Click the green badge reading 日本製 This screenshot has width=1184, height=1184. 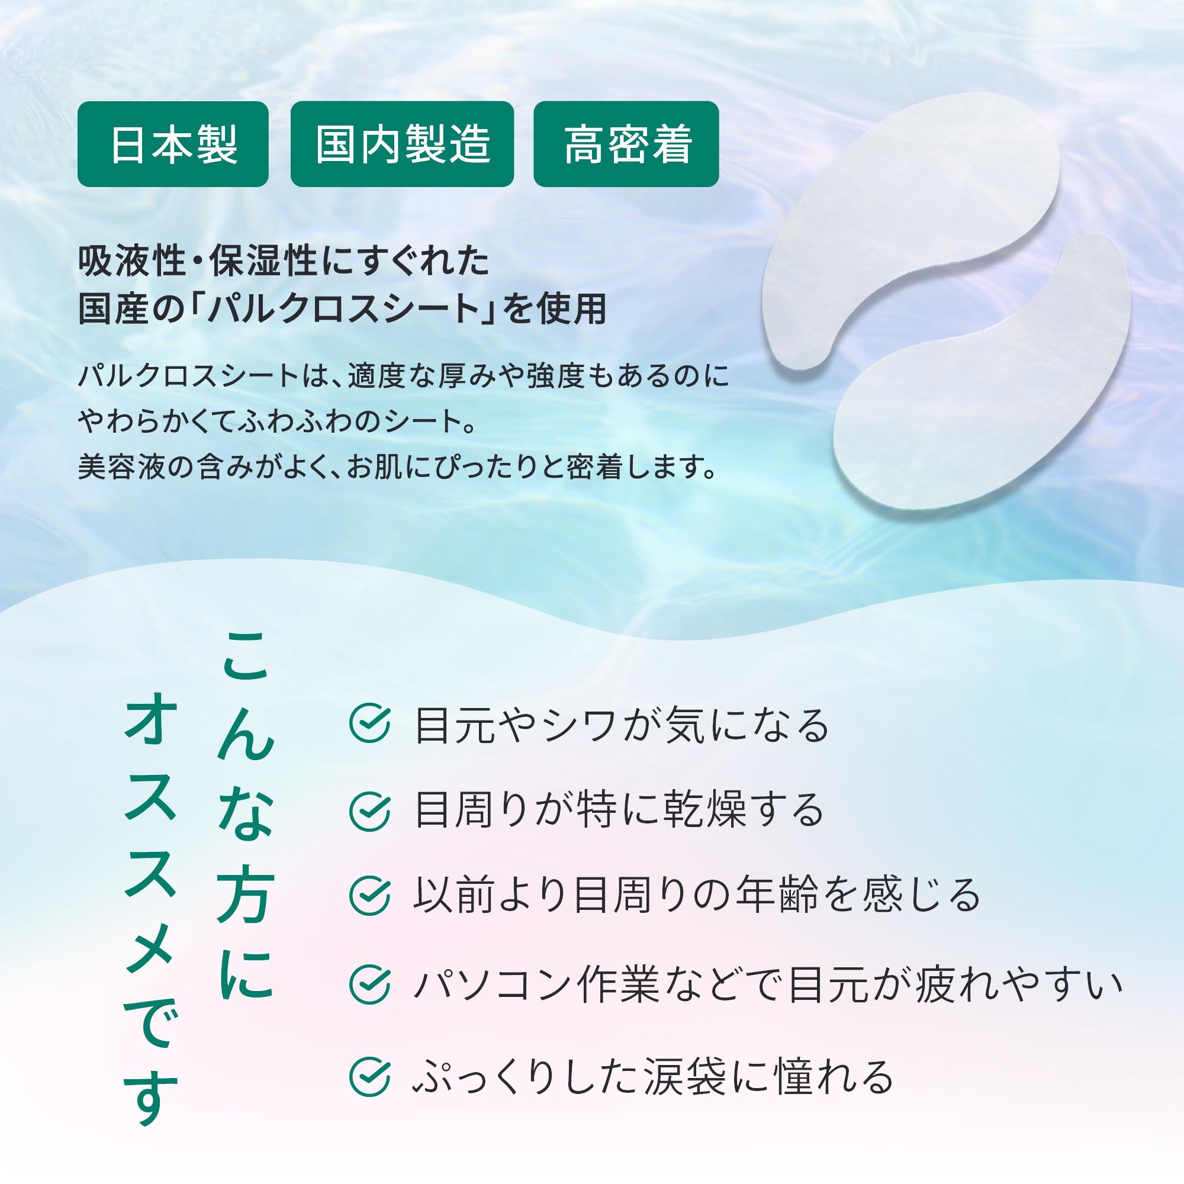(x=173, y=144)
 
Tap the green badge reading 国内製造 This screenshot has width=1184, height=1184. (x=402, y=144)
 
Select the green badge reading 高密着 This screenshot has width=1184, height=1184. (x=626, y=144)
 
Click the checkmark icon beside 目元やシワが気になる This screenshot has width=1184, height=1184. (x=369, y=724)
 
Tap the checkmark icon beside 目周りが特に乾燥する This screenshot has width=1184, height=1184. (x=369, y=811)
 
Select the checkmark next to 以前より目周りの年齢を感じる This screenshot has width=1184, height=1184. (x=369, y=895)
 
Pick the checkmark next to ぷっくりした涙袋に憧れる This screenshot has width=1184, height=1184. (x=369, y=1076)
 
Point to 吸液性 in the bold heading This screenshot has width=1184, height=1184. (x=132, y=261)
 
